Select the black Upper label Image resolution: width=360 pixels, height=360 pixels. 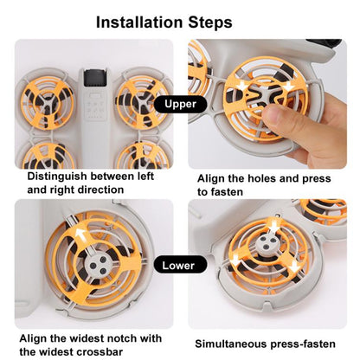[179, 104]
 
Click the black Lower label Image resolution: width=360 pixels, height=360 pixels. [179, 266]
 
